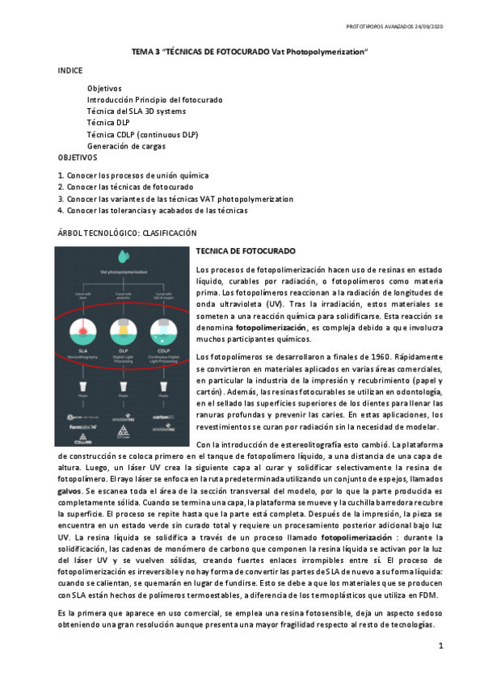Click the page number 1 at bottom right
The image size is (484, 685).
coord(441,647)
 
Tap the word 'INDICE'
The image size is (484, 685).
coord(70,71)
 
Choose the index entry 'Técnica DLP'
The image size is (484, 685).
coord(108,123)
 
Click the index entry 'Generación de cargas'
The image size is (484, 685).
coord(126,145)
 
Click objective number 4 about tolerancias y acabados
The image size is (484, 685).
coord(153,210)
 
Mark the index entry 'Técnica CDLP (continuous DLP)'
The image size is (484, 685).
coord(142,134)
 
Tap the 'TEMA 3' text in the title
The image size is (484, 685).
coord(146,52)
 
